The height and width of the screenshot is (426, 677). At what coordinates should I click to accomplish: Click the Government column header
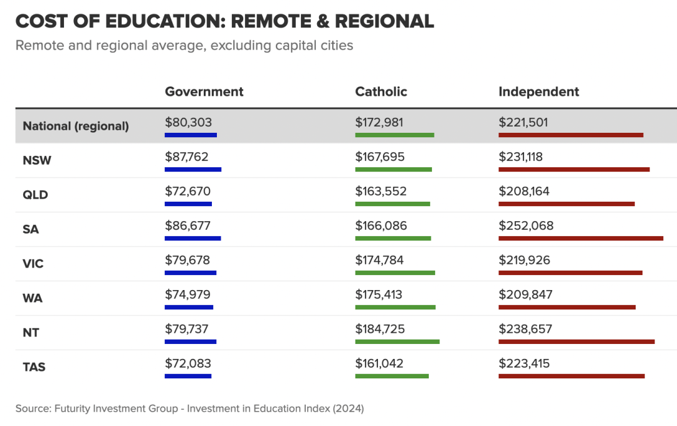tap(204, 91)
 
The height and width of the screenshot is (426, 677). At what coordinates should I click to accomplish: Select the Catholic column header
tap(381, 91)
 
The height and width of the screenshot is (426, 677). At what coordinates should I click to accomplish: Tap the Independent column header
tap(538, 91)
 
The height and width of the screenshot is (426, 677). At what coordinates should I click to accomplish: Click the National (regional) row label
tap(76, 126)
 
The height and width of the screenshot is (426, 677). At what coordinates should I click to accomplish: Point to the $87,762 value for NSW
tap(187, 157)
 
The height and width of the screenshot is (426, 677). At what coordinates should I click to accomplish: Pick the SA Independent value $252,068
tap(526, 226)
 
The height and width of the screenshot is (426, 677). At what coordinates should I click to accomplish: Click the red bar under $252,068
tap(580, 238)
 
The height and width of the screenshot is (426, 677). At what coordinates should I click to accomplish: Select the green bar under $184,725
tap(397, 341)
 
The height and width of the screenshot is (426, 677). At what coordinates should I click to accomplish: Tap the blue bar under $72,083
tap(188, 376)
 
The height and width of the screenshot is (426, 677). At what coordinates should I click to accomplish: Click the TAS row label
tap(34, 367)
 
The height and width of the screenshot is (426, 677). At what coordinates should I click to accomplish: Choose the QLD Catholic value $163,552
tap(380, 191)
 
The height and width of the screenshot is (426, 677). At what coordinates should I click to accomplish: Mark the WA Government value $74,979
tap(187, 294)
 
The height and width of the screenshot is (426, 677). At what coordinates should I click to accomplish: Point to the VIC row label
tap(33, 264)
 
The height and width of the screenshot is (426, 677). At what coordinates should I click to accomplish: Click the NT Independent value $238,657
tap(525, 329)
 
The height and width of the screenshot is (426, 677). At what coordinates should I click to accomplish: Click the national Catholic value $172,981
tap(379, 122)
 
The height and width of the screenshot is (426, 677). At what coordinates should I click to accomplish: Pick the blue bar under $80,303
tap(191, 135)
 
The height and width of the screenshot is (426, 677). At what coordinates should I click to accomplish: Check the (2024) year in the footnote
tap(348, 408)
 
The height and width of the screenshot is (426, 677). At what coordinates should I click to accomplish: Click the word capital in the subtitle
tap(295, 45)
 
